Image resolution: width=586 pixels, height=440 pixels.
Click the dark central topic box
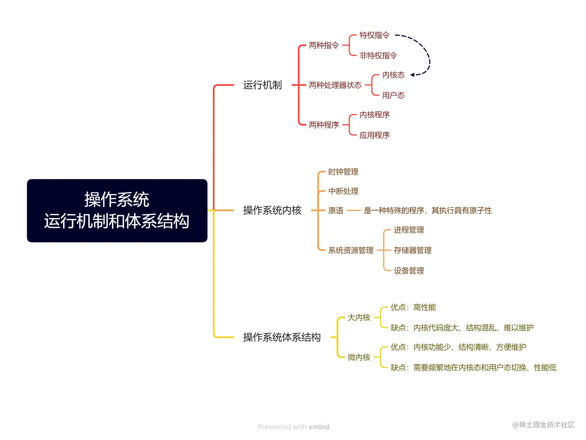(117, 211)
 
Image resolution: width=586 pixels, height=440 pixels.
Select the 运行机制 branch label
(262, 85)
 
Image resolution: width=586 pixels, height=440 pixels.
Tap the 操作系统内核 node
(272, 210)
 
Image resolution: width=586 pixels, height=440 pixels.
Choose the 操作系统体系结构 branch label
(282, 337)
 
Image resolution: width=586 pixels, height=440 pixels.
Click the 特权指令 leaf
(374, 35)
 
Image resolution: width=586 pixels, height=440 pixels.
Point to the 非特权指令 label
(378, 56)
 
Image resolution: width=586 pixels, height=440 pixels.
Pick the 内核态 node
(393, 75)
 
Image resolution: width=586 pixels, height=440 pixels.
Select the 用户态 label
(393, 95)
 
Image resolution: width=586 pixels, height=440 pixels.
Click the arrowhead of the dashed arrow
(412, 75)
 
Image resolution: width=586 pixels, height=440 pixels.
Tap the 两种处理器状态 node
(335, 85)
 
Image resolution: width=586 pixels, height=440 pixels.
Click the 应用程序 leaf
(374, 135)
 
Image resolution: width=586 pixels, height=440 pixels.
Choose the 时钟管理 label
(343, 172)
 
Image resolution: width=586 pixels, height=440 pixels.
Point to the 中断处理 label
(343, 191)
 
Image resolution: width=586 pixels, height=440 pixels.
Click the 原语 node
(336, 211)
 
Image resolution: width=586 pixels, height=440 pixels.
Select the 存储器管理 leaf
(412, 251)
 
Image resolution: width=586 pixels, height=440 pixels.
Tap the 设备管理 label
(408, 271)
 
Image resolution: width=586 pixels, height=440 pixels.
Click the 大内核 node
(359, 318)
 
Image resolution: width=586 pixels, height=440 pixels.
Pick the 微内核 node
(359, 357)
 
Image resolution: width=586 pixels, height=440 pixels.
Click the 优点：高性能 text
(413, 308)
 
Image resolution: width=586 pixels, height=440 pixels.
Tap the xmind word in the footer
(319, 427)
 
